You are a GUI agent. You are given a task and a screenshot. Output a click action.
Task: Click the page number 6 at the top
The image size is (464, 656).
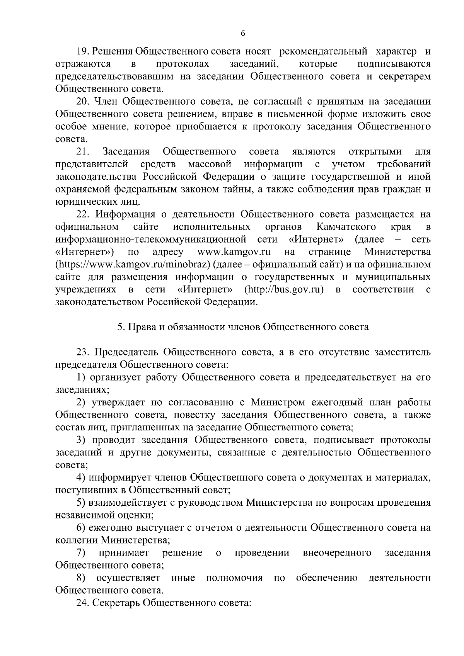tap(242, 34)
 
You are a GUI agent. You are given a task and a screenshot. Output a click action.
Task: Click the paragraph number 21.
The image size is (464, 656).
tap(83, 151)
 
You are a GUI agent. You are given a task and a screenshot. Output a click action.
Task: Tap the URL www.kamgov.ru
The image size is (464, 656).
tap(234, 252)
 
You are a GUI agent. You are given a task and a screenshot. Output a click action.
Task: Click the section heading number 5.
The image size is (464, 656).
tap(120, 327)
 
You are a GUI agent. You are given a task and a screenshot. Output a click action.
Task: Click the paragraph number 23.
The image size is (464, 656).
tap(83, 352)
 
